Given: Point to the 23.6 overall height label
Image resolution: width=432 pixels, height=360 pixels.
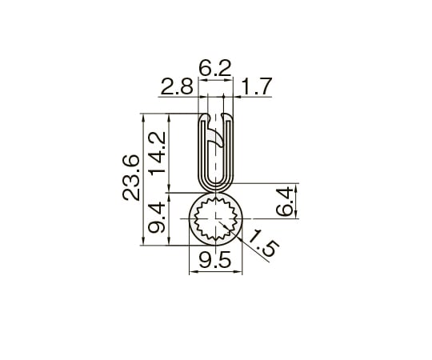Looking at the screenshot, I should click(x=133, y=178).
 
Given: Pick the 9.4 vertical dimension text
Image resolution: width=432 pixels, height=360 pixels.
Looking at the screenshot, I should click(x=160, y=218).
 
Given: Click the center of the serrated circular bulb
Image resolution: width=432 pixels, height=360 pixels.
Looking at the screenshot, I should click(x=214, y=218).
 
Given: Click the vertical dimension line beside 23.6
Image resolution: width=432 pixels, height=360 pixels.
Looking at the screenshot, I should click(x=144, y=178).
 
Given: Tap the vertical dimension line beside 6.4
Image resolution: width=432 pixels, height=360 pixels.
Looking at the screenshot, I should click(x=297, y=201).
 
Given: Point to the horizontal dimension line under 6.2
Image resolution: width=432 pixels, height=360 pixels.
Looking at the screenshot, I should click(x=214, y=79).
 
